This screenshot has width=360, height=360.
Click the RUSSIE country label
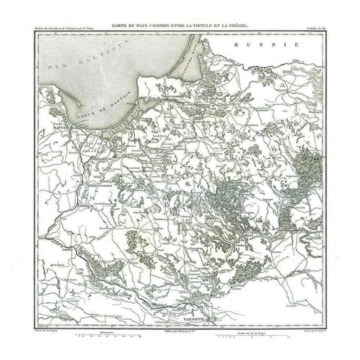[261, 46]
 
